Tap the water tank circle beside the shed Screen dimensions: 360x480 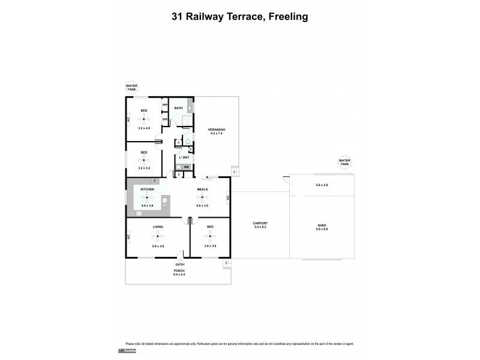(x=344, y=161)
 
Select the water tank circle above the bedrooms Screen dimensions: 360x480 (x=131, y=88)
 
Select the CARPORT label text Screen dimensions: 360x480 (x=259, y=224)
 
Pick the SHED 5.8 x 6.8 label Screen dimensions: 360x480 (x=322, y=227)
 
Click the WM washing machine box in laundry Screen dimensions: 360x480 (x=186, y=167)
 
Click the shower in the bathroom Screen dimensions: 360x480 (x=187, y=121)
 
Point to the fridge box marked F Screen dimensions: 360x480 (x=154, y=181)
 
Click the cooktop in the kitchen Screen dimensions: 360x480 (x=139, y=213)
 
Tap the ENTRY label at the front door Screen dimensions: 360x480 (x=179, y=265)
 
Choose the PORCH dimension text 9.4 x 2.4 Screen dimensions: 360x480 (x=179, y=274)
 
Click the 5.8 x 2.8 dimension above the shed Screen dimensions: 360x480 (x=322, y=185)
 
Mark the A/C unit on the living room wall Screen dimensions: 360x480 (x=128, y=238)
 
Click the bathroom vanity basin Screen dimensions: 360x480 (x=190, y=108)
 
